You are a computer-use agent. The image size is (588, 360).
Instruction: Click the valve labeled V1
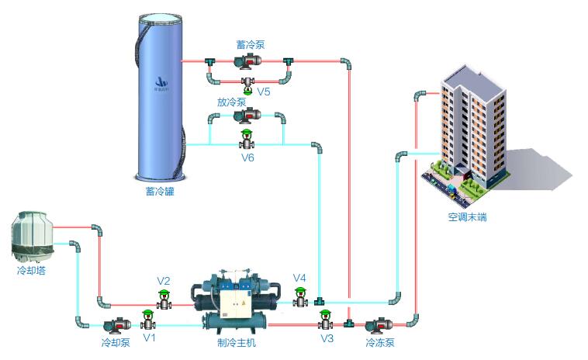pyautogui.click(x=147, y=320)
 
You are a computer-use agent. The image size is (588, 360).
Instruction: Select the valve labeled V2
pyautogui.click(x=164, y=299)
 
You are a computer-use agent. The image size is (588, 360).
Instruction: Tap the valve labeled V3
pyautogui.click(x=326, y=320)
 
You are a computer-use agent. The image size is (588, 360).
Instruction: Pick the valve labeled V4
pyautogui.click(x=300, y=297)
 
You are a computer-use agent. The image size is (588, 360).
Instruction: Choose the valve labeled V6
pyautogui.click(x=247, y=140)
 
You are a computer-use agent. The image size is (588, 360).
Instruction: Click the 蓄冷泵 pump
pyautogui.click(x=249, y=61)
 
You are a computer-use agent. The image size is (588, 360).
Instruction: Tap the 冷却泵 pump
pyautogui.click(x=116, y=326)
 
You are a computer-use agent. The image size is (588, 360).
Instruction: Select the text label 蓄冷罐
pyautogui.click(x=160, y=191)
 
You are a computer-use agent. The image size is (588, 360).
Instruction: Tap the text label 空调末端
pyautogui.click(x=468, y=217)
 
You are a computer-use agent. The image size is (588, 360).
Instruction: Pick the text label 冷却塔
pyautogui.click(x=31, y=272)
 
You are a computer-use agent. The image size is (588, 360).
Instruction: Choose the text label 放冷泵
pyautogui.click(x=232, y=102)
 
